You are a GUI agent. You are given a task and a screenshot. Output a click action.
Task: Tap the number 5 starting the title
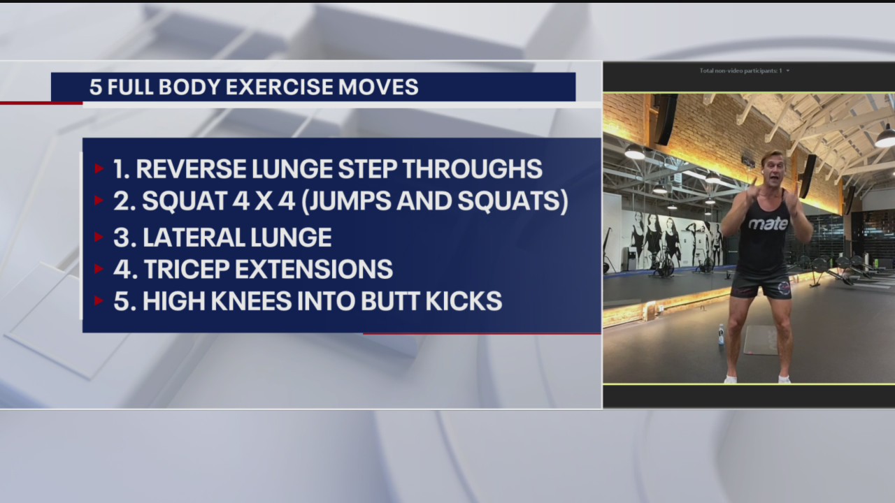[x=94, y=87]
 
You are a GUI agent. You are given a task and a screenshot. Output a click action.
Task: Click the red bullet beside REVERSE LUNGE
[x=99, y=169]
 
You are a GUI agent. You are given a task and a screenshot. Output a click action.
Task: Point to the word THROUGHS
[x=476, y=169]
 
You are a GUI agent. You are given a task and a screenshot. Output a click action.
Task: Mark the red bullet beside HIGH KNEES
[x=99, y=301]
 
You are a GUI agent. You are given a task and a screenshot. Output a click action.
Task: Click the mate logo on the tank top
[x=768, y=224]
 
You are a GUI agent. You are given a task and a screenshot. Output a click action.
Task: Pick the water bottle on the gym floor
[x=720, y=335]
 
